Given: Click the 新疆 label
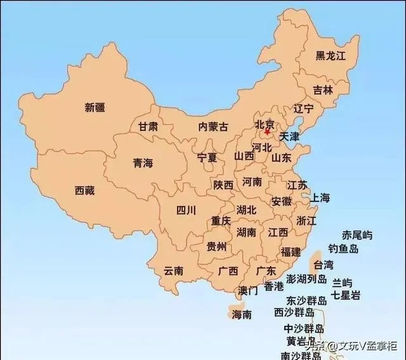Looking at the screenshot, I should point(95,107).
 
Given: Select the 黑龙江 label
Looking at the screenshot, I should point(331,56).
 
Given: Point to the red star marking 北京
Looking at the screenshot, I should point(267,132).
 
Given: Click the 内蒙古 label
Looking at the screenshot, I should point(213,126).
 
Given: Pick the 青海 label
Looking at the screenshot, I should point(143,163).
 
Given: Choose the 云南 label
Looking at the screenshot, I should point(173,270).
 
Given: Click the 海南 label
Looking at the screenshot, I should point(242,314).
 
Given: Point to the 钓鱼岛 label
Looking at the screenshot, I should point(343,249).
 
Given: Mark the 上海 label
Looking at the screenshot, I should point(320,198).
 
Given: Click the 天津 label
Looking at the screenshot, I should point(289,137).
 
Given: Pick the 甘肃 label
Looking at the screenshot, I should point(148,126).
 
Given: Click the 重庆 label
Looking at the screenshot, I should point(221,221).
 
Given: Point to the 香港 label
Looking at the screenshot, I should point(274,286).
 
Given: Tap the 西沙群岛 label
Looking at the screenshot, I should point(294,313).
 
